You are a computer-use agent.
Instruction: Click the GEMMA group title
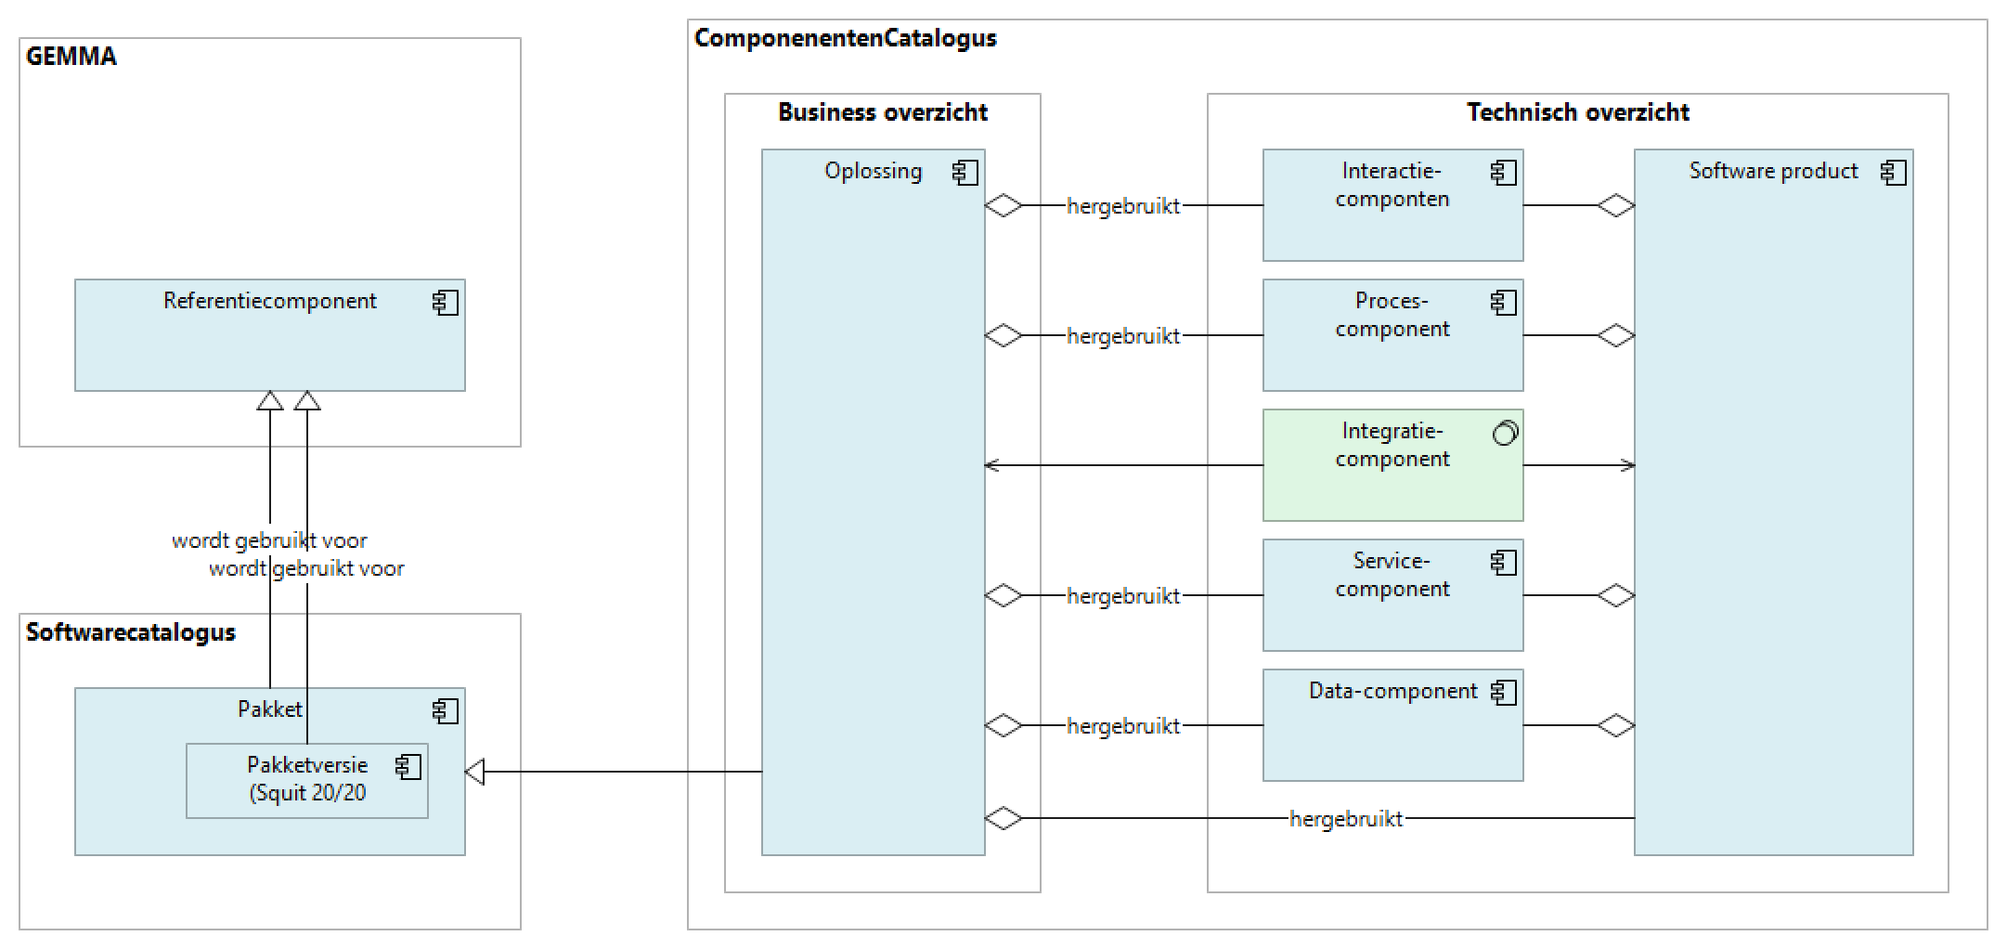pyautogui.click(x=71, y=57)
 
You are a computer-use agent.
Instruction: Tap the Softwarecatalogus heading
pyautogui.click(x=131, y=632)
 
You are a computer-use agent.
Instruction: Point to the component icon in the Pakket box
pyautogui.click(x=446, y=711)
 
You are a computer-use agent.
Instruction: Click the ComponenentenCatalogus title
pyautogui.click(x=845, y=38)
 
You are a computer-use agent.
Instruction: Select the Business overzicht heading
pyautogui.click(x=882, y=112)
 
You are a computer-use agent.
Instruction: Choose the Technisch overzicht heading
pyautogui.click(x=1577, y=112)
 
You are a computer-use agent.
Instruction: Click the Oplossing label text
pyautogui.click(x=873, y=171)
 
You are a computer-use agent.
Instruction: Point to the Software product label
pyautogui.click(x=1773, y=171)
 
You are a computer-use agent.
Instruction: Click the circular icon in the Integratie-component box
pyautogui.click(x=1505, y=433)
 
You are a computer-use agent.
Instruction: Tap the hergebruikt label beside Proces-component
pyautogui.click(x=1122, y=336)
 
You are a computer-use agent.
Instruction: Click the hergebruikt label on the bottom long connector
pyautogui.click(x=1345, y=819)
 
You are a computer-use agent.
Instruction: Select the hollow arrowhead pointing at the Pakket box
pyautogui.click(x=475, y=772)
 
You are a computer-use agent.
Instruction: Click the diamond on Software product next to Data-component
pyautogui.click(x=1615, y=725)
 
